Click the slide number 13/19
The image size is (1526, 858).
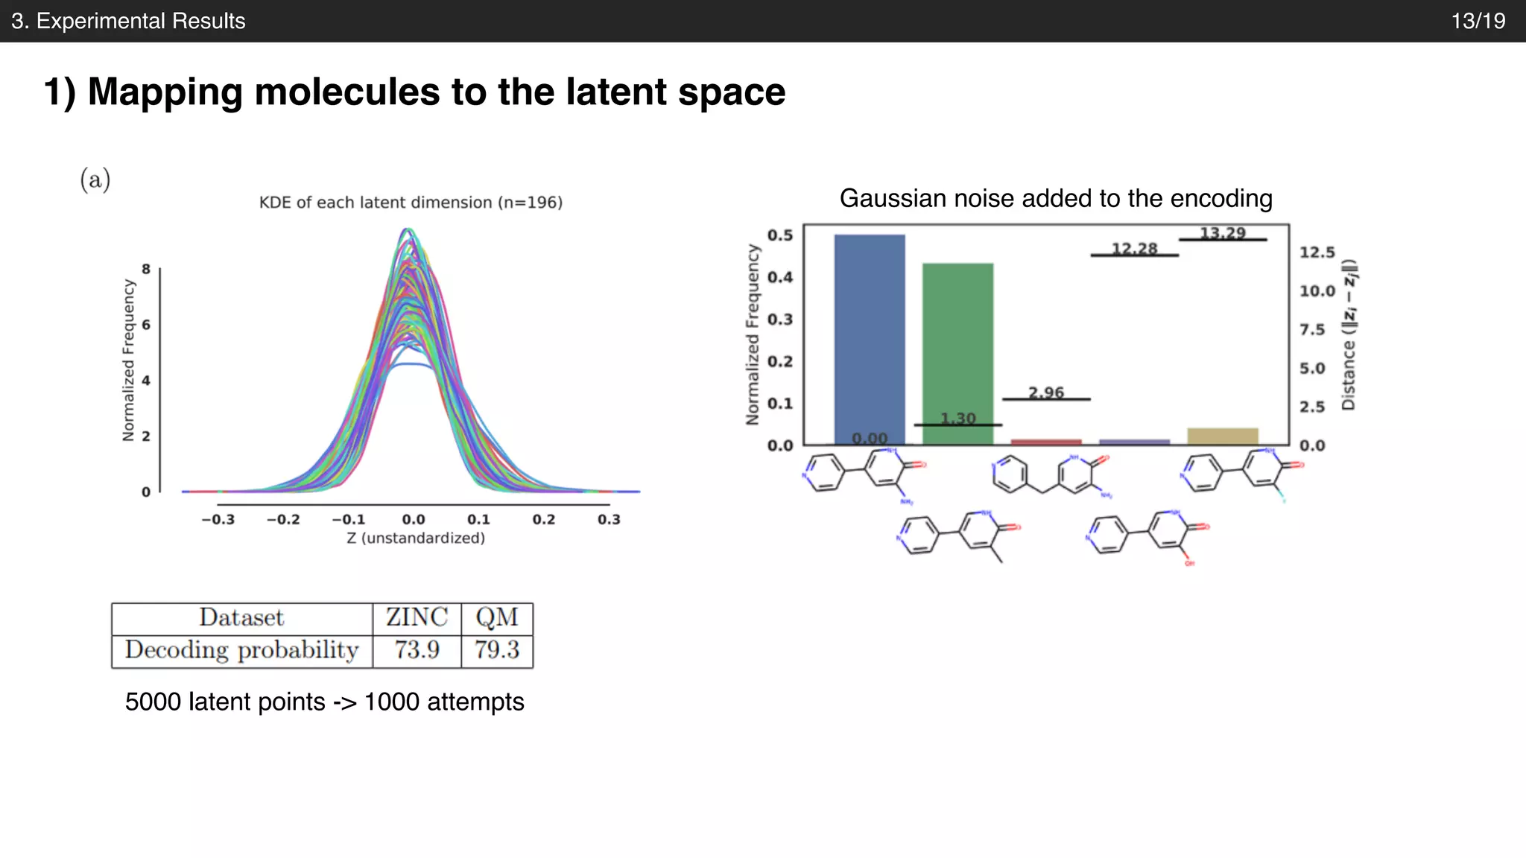(x=1478, y=21)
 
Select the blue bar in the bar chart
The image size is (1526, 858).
(x=869, y=335)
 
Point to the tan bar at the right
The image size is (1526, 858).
(x=1222, y=436)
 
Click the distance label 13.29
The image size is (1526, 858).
(x=1222, y=233)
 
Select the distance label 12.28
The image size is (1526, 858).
(x=1134, y=249)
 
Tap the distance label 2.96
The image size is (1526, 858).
(x=1046, y=393)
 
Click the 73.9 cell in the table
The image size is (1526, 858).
(x=417, y=650)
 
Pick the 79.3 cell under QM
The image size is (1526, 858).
(x=497, y=650)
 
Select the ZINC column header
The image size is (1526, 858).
(x=417, y=617)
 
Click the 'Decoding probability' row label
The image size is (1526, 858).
(x=241, y=650)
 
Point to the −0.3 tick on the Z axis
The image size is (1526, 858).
(x=218, y=520)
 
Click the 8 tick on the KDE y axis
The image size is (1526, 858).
(x=146, y=269)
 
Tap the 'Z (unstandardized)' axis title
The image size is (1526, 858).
(x=415, y=538)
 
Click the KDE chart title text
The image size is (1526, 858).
(x=411, y=203)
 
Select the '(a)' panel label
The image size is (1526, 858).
(x=95, y=179)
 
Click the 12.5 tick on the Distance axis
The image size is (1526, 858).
(x=1317, y=252)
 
